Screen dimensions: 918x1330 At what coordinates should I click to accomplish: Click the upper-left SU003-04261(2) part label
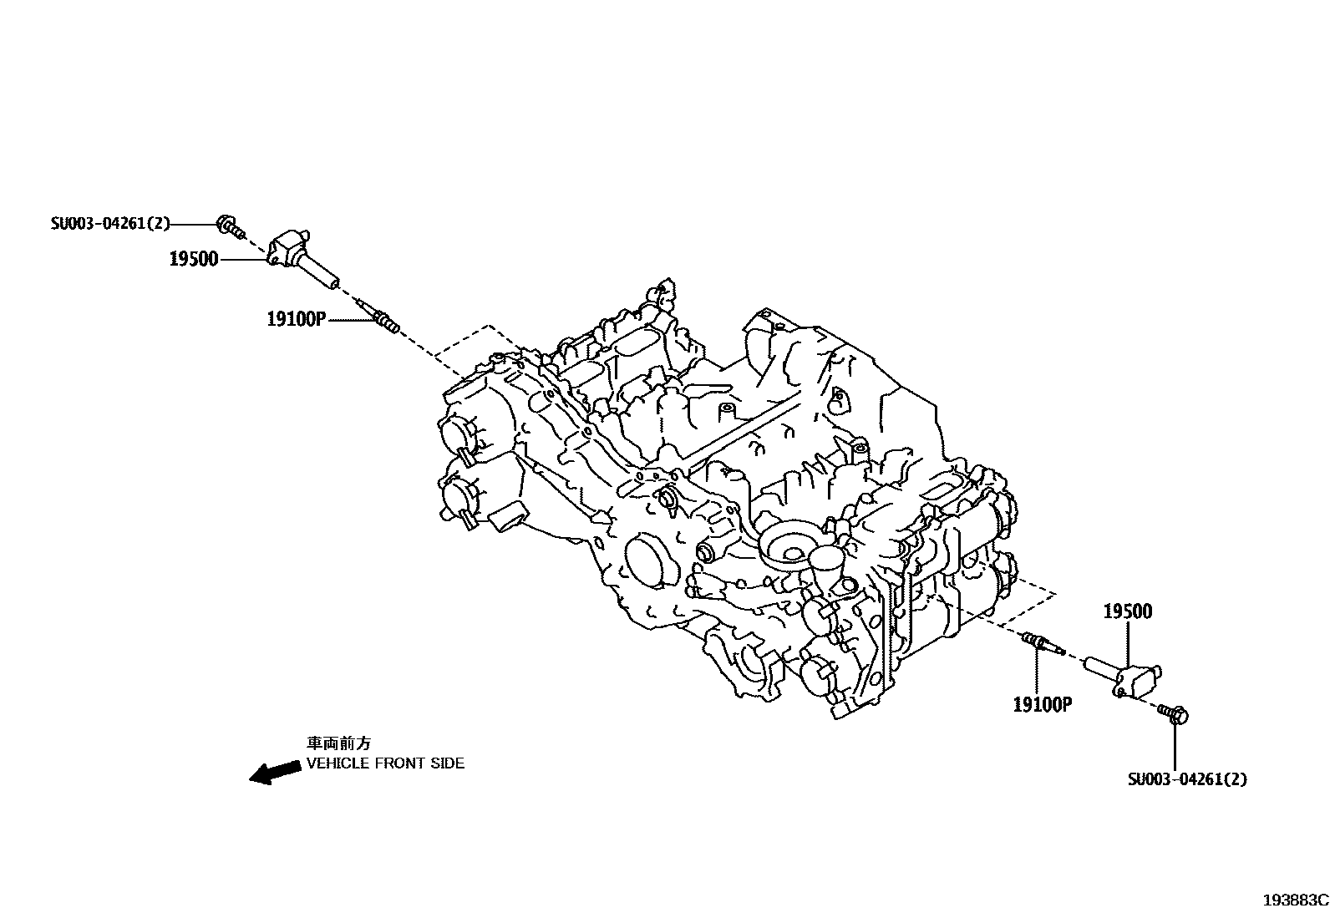tap(110, 224)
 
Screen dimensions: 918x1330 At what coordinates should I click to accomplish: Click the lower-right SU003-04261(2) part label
tap(1186, 779)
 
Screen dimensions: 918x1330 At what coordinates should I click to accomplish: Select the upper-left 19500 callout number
tap(194, 259)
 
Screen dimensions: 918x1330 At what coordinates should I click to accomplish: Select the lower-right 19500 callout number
tap(1127, 611)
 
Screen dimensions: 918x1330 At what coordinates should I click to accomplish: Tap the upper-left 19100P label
tap(296, 318)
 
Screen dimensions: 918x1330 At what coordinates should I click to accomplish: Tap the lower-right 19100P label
tap(1042, 704)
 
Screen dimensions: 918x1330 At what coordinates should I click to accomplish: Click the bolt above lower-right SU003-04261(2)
tap(1175, 714)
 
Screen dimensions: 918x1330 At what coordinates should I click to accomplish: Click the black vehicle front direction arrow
tap(276, 772)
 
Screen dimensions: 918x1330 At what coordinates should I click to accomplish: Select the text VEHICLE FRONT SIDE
tap(385, 763)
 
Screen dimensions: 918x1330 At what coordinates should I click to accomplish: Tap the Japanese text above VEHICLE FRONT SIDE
tap(338, 743)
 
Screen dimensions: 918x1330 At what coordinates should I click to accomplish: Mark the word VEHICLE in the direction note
tap(336, 763)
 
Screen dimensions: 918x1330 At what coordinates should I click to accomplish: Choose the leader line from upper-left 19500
tap(243, 259)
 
